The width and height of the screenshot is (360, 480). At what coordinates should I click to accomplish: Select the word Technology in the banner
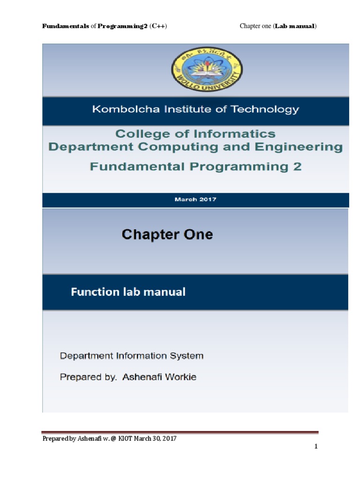tap(269, 110)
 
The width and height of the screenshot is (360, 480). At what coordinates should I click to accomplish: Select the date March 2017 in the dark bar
tap(195, 199)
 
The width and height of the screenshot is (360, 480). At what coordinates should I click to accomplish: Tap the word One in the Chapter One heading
tap(196, 234)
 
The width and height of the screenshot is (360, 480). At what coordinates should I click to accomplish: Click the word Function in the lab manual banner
tap(95, 292)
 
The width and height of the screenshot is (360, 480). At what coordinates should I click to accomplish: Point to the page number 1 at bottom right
tap(316, 447)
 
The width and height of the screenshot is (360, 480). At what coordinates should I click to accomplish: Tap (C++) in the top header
tap(158, 26)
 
